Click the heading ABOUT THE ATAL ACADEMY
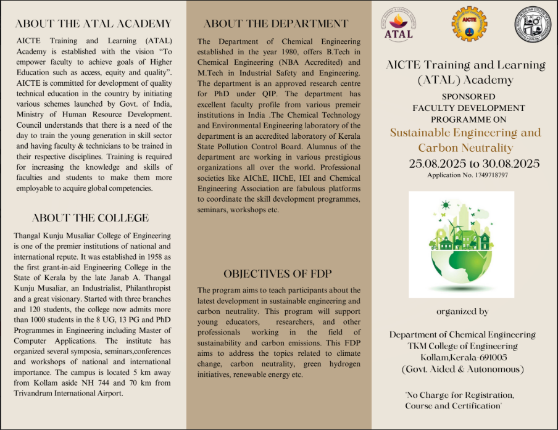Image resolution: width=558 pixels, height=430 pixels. point(93,24)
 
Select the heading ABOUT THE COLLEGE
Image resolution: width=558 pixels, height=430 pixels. point(90,218)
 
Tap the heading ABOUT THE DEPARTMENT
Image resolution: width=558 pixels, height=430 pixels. point(276,24)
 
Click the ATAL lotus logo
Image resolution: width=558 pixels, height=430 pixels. point(398,25)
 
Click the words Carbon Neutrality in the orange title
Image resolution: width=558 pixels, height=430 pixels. point(465,148)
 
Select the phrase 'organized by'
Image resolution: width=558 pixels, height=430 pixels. point(462,312)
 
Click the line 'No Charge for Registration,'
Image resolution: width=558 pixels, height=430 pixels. point(459,395)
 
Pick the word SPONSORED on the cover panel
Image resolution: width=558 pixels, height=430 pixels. point(468,97)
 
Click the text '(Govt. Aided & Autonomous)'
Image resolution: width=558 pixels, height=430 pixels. point(462,369)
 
